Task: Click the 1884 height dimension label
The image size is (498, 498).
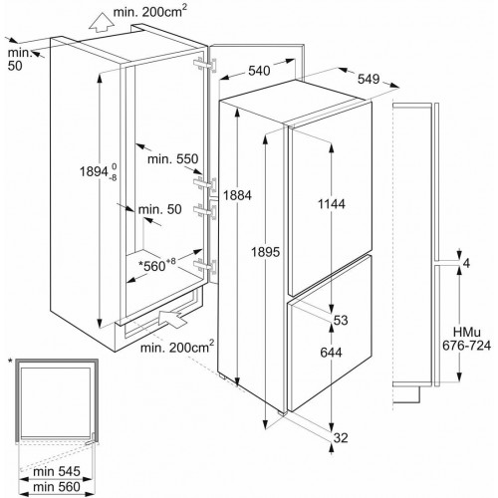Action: [x=237, y=195]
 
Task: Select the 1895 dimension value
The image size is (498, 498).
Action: [x=265, y=252]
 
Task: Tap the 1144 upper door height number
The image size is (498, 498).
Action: [x=332, y=204]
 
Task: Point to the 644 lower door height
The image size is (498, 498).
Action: [x=331, y=353]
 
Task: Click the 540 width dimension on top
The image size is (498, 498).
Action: [x=259, y=71]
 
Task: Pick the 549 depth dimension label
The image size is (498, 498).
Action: [x=369, y=79]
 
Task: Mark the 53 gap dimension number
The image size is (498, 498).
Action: [x=341, y=321]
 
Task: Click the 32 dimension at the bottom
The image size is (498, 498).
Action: [x=341, y=438]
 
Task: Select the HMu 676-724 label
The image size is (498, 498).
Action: [x=466, y=339]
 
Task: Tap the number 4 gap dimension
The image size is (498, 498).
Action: [x=466, y=263]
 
